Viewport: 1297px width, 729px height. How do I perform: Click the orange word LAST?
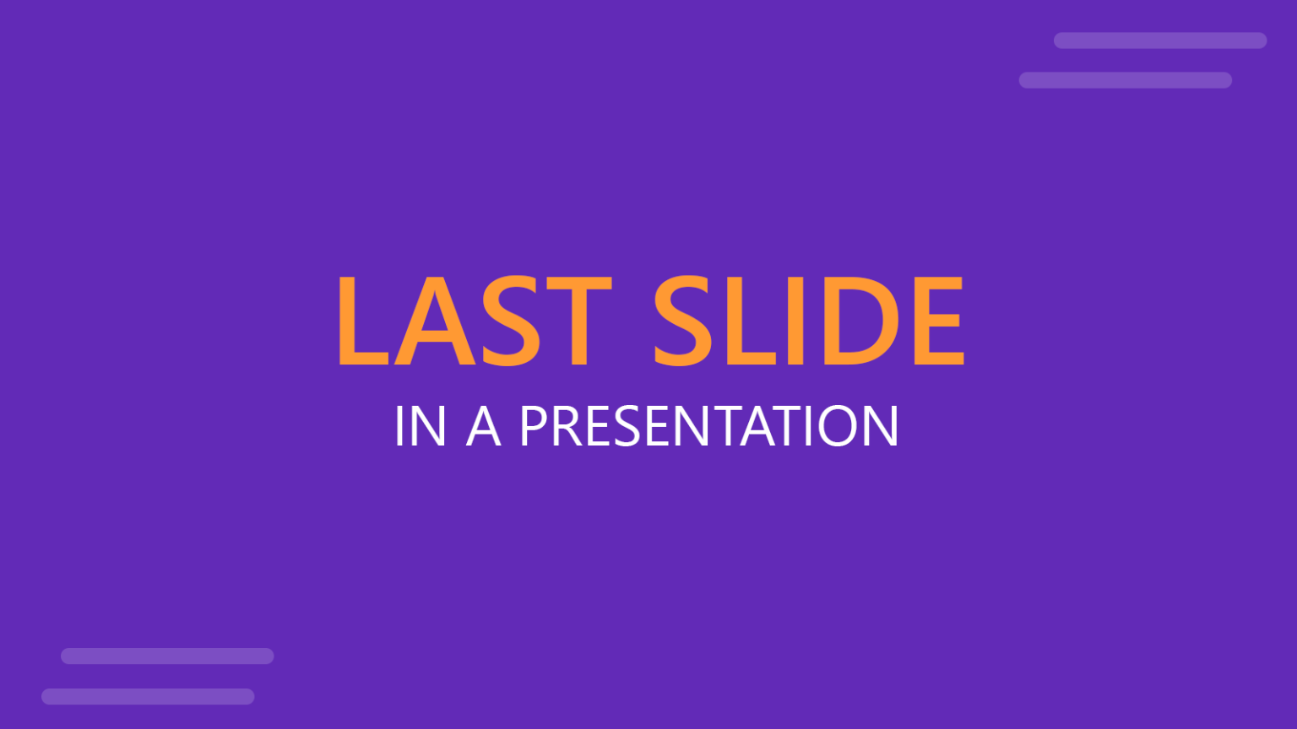pyautogui.click(x=473, y=321)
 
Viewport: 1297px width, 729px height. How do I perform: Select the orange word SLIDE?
pyautogui.click(x=809, y=321)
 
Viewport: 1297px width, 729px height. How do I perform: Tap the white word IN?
pyautogui.click(x=420, y=426)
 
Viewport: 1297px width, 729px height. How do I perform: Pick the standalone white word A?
pyautogui.click(x=484, y=426)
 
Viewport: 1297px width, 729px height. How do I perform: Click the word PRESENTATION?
pyautogui.click(x=709, y=426)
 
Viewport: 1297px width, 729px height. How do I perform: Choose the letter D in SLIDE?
pyautogui.click(x=865, y=321)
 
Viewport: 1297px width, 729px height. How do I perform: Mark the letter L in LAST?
pyautogui.click(x=361, y=321)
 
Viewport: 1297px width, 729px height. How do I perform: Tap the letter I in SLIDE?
pyautogui.click(x=795, y=321)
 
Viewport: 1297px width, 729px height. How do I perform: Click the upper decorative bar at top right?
pyautogui.click(x=1159, y=40)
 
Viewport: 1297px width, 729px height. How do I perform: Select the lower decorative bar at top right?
pyautogui.click(x=1125, y=80)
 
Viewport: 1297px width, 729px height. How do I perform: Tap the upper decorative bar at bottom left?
pyautogui.click(x=167, y=656)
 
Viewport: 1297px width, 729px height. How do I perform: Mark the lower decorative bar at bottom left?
pyautogui.click(x=148, y=696)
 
